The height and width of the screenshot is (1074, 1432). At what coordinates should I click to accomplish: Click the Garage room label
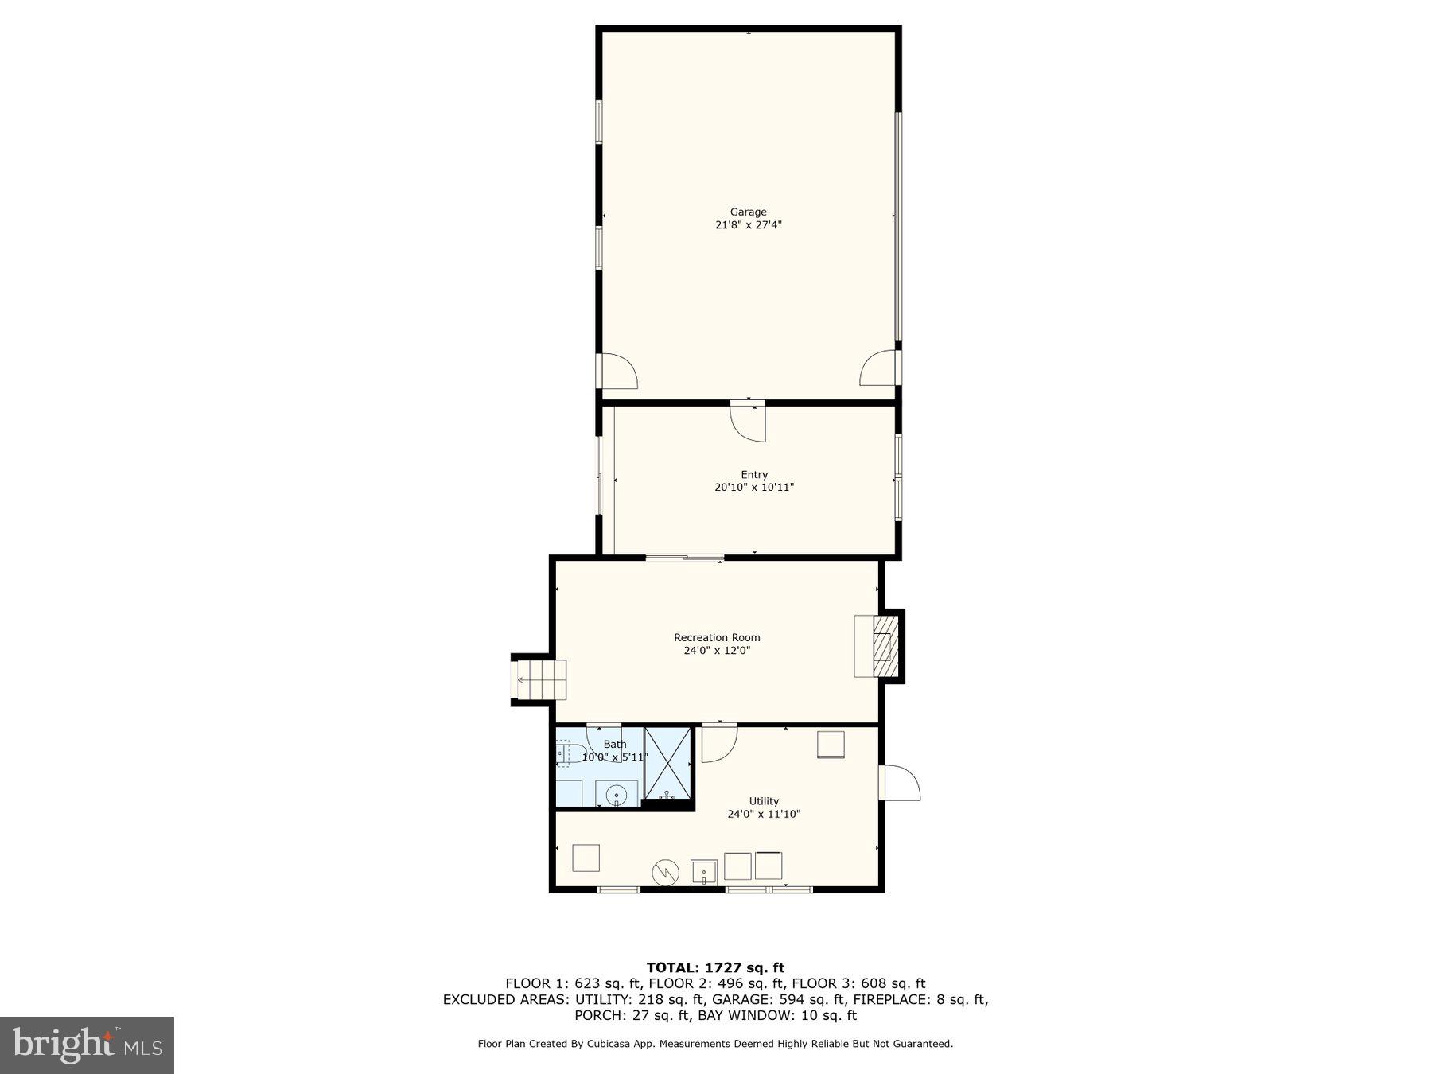[748, 212]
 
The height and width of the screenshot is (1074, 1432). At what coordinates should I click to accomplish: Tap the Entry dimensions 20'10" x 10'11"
[753, 488]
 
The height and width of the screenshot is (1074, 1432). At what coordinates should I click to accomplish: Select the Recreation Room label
[717, 637]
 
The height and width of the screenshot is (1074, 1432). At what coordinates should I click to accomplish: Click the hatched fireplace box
[885, 644]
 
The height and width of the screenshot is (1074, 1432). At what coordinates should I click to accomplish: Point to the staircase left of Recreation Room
[539, 680]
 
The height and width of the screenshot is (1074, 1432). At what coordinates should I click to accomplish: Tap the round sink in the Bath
[617, 796]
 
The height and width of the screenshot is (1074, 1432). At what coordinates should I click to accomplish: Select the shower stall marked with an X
[667, 763]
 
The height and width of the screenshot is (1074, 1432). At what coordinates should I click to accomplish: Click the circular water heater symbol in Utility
[665, 873]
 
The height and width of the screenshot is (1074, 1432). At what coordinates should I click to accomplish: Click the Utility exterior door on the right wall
[899, 783]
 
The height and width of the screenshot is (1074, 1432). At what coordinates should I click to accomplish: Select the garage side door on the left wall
[617, 371]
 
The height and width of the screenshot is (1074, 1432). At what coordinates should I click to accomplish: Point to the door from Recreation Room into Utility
[719, 742]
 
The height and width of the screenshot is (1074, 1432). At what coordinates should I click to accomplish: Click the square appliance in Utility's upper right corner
[831, 745]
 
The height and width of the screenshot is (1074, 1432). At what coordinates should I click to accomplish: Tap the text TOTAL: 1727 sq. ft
[715, 967]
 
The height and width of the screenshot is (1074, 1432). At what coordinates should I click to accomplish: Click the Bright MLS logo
[87, 1045]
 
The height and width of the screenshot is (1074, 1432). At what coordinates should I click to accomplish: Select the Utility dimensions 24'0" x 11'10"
[763, 815]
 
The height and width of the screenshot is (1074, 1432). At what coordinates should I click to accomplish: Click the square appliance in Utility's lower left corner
[586, 858]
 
